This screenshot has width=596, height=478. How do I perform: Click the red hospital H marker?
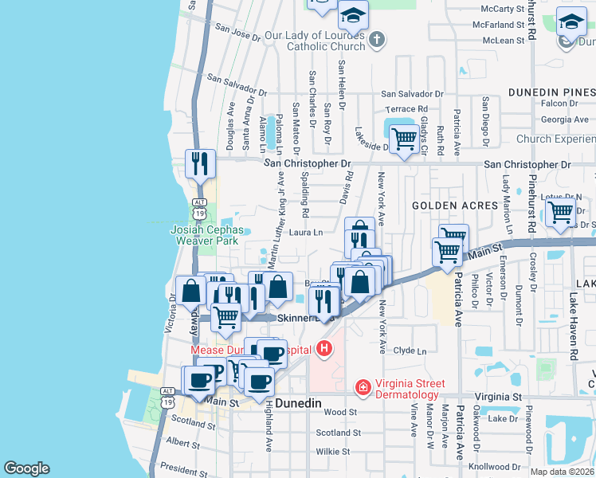click(323, 348)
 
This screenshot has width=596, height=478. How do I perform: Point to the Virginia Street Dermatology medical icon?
click(363, 387)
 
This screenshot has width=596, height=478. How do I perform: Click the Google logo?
click(26, 468)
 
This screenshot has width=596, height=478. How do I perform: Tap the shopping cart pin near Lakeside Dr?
click(405, 139)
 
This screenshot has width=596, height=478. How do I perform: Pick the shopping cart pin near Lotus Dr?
click(561, 212)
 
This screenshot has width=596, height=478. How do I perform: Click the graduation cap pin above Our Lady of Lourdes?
click(353, 15)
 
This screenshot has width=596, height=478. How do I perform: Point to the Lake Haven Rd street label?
click(573, 323)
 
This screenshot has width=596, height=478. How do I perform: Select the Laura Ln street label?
click(305, 233)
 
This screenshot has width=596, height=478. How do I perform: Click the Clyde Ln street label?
click(405, 351)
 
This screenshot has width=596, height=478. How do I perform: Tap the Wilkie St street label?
click(334, 451)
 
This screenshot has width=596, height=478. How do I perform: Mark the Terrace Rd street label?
click(406, 109)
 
